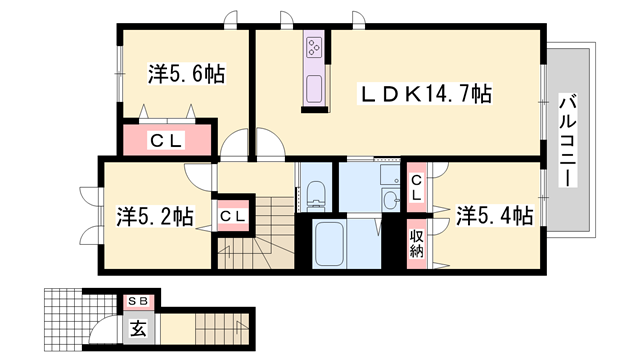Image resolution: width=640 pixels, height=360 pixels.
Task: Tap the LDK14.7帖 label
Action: click(x=425, y=94)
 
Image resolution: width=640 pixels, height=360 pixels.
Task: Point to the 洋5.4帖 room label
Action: click(x=494, y=215)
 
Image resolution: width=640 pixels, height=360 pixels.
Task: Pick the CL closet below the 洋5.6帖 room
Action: click(x=168, y=140)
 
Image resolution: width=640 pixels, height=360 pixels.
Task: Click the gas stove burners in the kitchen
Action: click(x=313, y=47)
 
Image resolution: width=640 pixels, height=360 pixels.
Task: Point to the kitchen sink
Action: click(x=313, y=88)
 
